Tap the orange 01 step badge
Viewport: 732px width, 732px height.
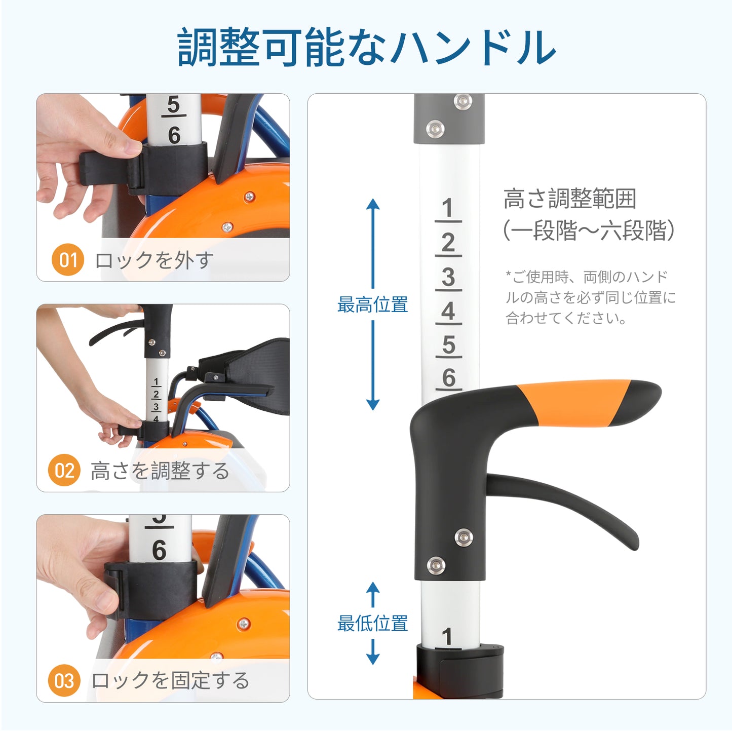[67, 260]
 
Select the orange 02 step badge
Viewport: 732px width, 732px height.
[64, 470]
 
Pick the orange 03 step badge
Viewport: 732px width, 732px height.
[64, 680]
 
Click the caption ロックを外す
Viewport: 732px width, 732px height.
[154, 260]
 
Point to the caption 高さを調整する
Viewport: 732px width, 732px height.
[160, 471]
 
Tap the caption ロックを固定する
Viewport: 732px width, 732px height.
[170, 680]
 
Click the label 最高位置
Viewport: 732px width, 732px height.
[372, 305]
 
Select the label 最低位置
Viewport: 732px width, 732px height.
[372, 623]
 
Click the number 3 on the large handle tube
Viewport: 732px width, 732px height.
[448, 278]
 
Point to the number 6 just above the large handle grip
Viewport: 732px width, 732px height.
[448, 378]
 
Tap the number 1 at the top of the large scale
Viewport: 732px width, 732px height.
[447, 208]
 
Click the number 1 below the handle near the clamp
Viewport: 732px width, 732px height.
[447, 637]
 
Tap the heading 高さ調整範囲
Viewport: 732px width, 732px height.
[569, 199]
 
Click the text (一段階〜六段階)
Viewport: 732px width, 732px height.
[588, 230]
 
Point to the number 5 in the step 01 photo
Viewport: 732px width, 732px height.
[173, 105]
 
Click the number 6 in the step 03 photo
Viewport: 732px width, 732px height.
[159, 550]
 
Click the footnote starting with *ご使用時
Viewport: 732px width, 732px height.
[590, 297]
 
